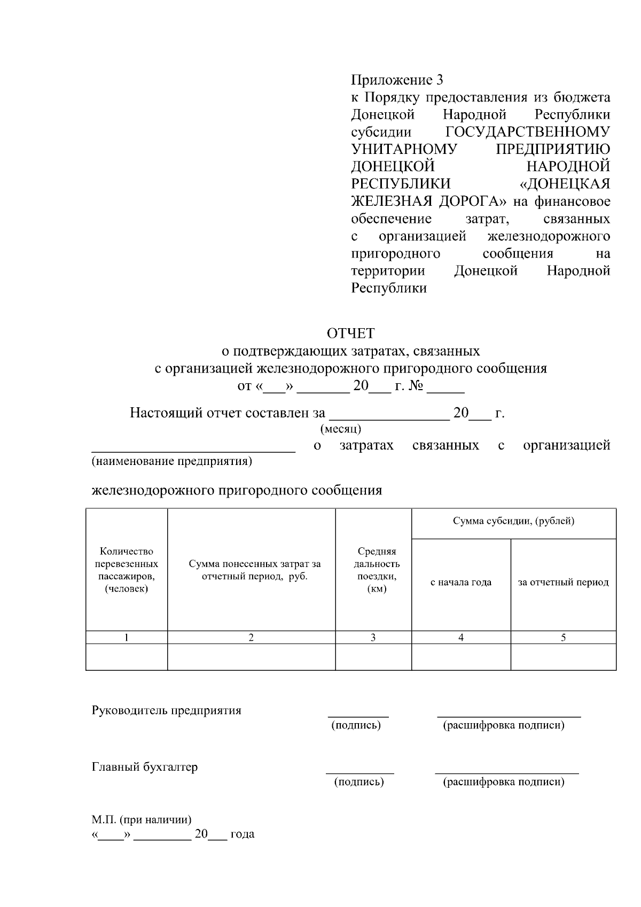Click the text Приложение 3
point(397,81)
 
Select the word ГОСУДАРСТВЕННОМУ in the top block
point(527,132)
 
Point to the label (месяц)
point(340,429)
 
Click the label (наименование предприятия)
point(171,461)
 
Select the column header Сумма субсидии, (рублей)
point(513,522)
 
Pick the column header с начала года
point(460,583)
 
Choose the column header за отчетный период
point(563,583)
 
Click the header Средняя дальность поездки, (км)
point(377,570)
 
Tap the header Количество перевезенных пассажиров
point(127,570)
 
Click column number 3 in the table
point(373,638)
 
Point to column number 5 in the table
point(563,638)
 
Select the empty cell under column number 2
point(251,657)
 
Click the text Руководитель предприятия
point(167,711)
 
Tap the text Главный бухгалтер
point(145,768)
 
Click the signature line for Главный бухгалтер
point(359,772)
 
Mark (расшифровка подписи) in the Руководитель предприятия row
point(504,725)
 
